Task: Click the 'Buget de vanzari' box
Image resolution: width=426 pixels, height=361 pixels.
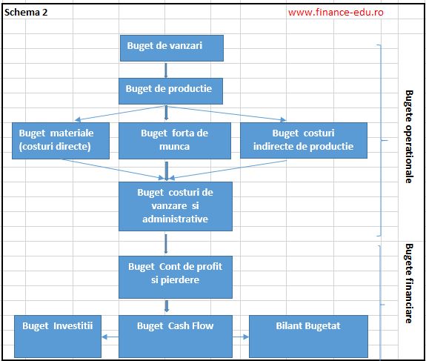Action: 172,46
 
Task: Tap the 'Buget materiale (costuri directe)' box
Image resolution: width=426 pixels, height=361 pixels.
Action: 61,139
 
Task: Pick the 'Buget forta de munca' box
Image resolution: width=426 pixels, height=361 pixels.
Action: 174,139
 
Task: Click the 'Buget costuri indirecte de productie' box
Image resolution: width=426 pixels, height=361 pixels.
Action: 303,139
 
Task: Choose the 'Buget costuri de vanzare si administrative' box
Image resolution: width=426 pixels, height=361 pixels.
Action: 176,205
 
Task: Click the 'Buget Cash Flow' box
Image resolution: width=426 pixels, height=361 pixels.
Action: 175,334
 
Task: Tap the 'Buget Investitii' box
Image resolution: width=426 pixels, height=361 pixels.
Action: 57,334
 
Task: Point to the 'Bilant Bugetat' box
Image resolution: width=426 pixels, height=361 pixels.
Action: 307,334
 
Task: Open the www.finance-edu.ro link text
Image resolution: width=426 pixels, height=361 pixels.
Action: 336,13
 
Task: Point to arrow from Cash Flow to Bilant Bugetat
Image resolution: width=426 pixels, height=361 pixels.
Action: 241,337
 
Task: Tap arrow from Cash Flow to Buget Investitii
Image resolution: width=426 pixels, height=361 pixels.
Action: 110,337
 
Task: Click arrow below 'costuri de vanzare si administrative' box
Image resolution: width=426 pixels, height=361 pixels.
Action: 166,243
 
